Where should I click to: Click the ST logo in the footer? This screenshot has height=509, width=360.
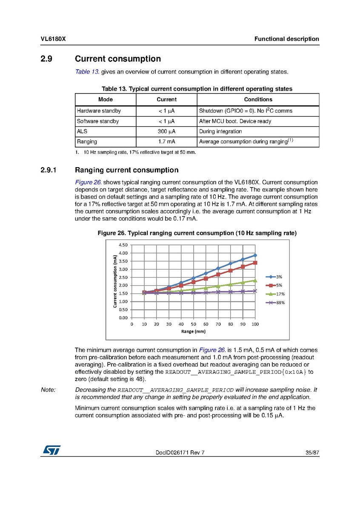(51, 450)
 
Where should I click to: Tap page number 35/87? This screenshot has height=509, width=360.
(312, 453)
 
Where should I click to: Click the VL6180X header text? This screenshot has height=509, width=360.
(53, 39)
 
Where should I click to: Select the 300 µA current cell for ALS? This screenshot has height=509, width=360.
(166, 131)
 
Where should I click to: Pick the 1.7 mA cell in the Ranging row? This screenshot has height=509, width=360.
(166, 142)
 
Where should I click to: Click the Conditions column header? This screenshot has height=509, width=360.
(258, 100)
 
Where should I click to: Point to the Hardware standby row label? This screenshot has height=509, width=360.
(99, 111)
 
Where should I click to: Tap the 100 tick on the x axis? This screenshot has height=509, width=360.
(255, 324)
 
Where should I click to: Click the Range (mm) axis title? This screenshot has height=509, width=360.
(193, 331)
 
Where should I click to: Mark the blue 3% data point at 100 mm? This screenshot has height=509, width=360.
(255, 255)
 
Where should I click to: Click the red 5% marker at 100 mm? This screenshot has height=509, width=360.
(255, 263)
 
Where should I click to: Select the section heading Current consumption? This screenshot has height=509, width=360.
(117, 59)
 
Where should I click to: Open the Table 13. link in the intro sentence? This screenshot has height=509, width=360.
(87, 71)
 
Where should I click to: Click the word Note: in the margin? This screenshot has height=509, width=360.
(48, 390)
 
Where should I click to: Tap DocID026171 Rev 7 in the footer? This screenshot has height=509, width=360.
(180, 453)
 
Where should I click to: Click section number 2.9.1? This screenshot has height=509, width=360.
(50, 171)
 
